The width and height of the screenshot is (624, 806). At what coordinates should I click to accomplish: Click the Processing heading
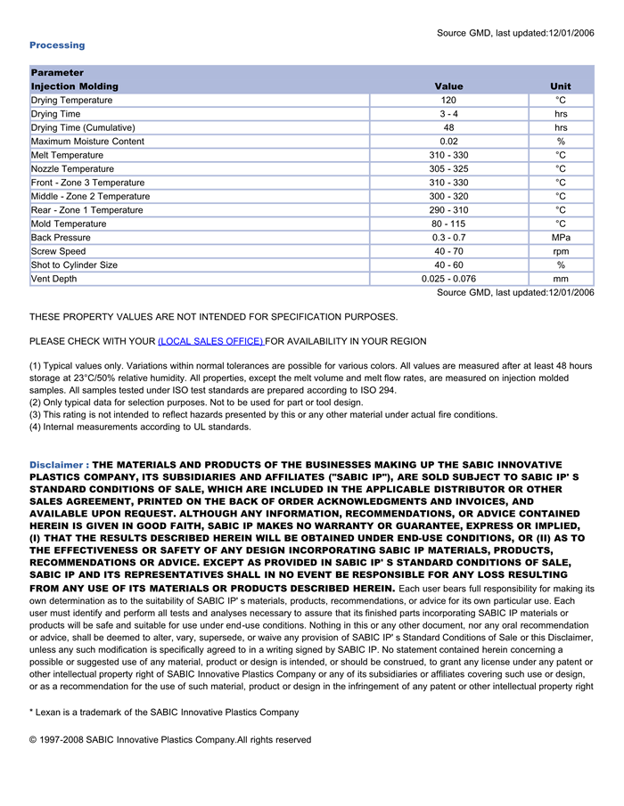click(x=57, y=45)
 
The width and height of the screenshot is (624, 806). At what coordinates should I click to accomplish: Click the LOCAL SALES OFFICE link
click(x=210, y=341)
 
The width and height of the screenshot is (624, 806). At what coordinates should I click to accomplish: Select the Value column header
click(x=448, y=86)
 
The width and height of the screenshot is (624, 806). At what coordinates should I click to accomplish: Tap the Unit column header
click(x=561, y=86)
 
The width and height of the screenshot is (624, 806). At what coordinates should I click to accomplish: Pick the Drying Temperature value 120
click(x=448, y=101)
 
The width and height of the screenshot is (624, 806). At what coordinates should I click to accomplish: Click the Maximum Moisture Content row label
click(x=87, y=142)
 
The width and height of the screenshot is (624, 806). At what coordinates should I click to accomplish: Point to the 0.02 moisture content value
click(x=448, y=142)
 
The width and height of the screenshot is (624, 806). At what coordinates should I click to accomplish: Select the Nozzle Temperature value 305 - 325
click(x=448, y=169)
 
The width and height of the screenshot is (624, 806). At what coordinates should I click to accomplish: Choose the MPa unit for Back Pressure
click(x=561, y=238)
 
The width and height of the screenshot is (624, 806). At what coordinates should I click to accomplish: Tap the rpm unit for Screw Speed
click(x=561, y=251)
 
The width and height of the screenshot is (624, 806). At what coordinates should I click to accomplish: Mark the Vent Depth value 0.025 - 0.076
click(x=448, y=279)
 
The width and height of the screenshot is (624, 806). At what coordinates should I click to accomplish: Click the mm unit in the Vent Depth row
click(x=561, y=279)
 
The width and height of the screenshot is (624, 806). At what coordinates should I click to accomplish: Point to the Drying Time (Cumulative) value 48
click(x=448, y=127)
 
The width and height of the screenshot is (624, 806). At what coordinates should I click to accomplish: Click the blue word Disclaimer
click(x=56, y=465)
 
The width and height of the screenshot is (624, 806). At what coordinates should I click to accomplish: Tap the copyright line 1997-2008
click(x=170, y=740)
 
